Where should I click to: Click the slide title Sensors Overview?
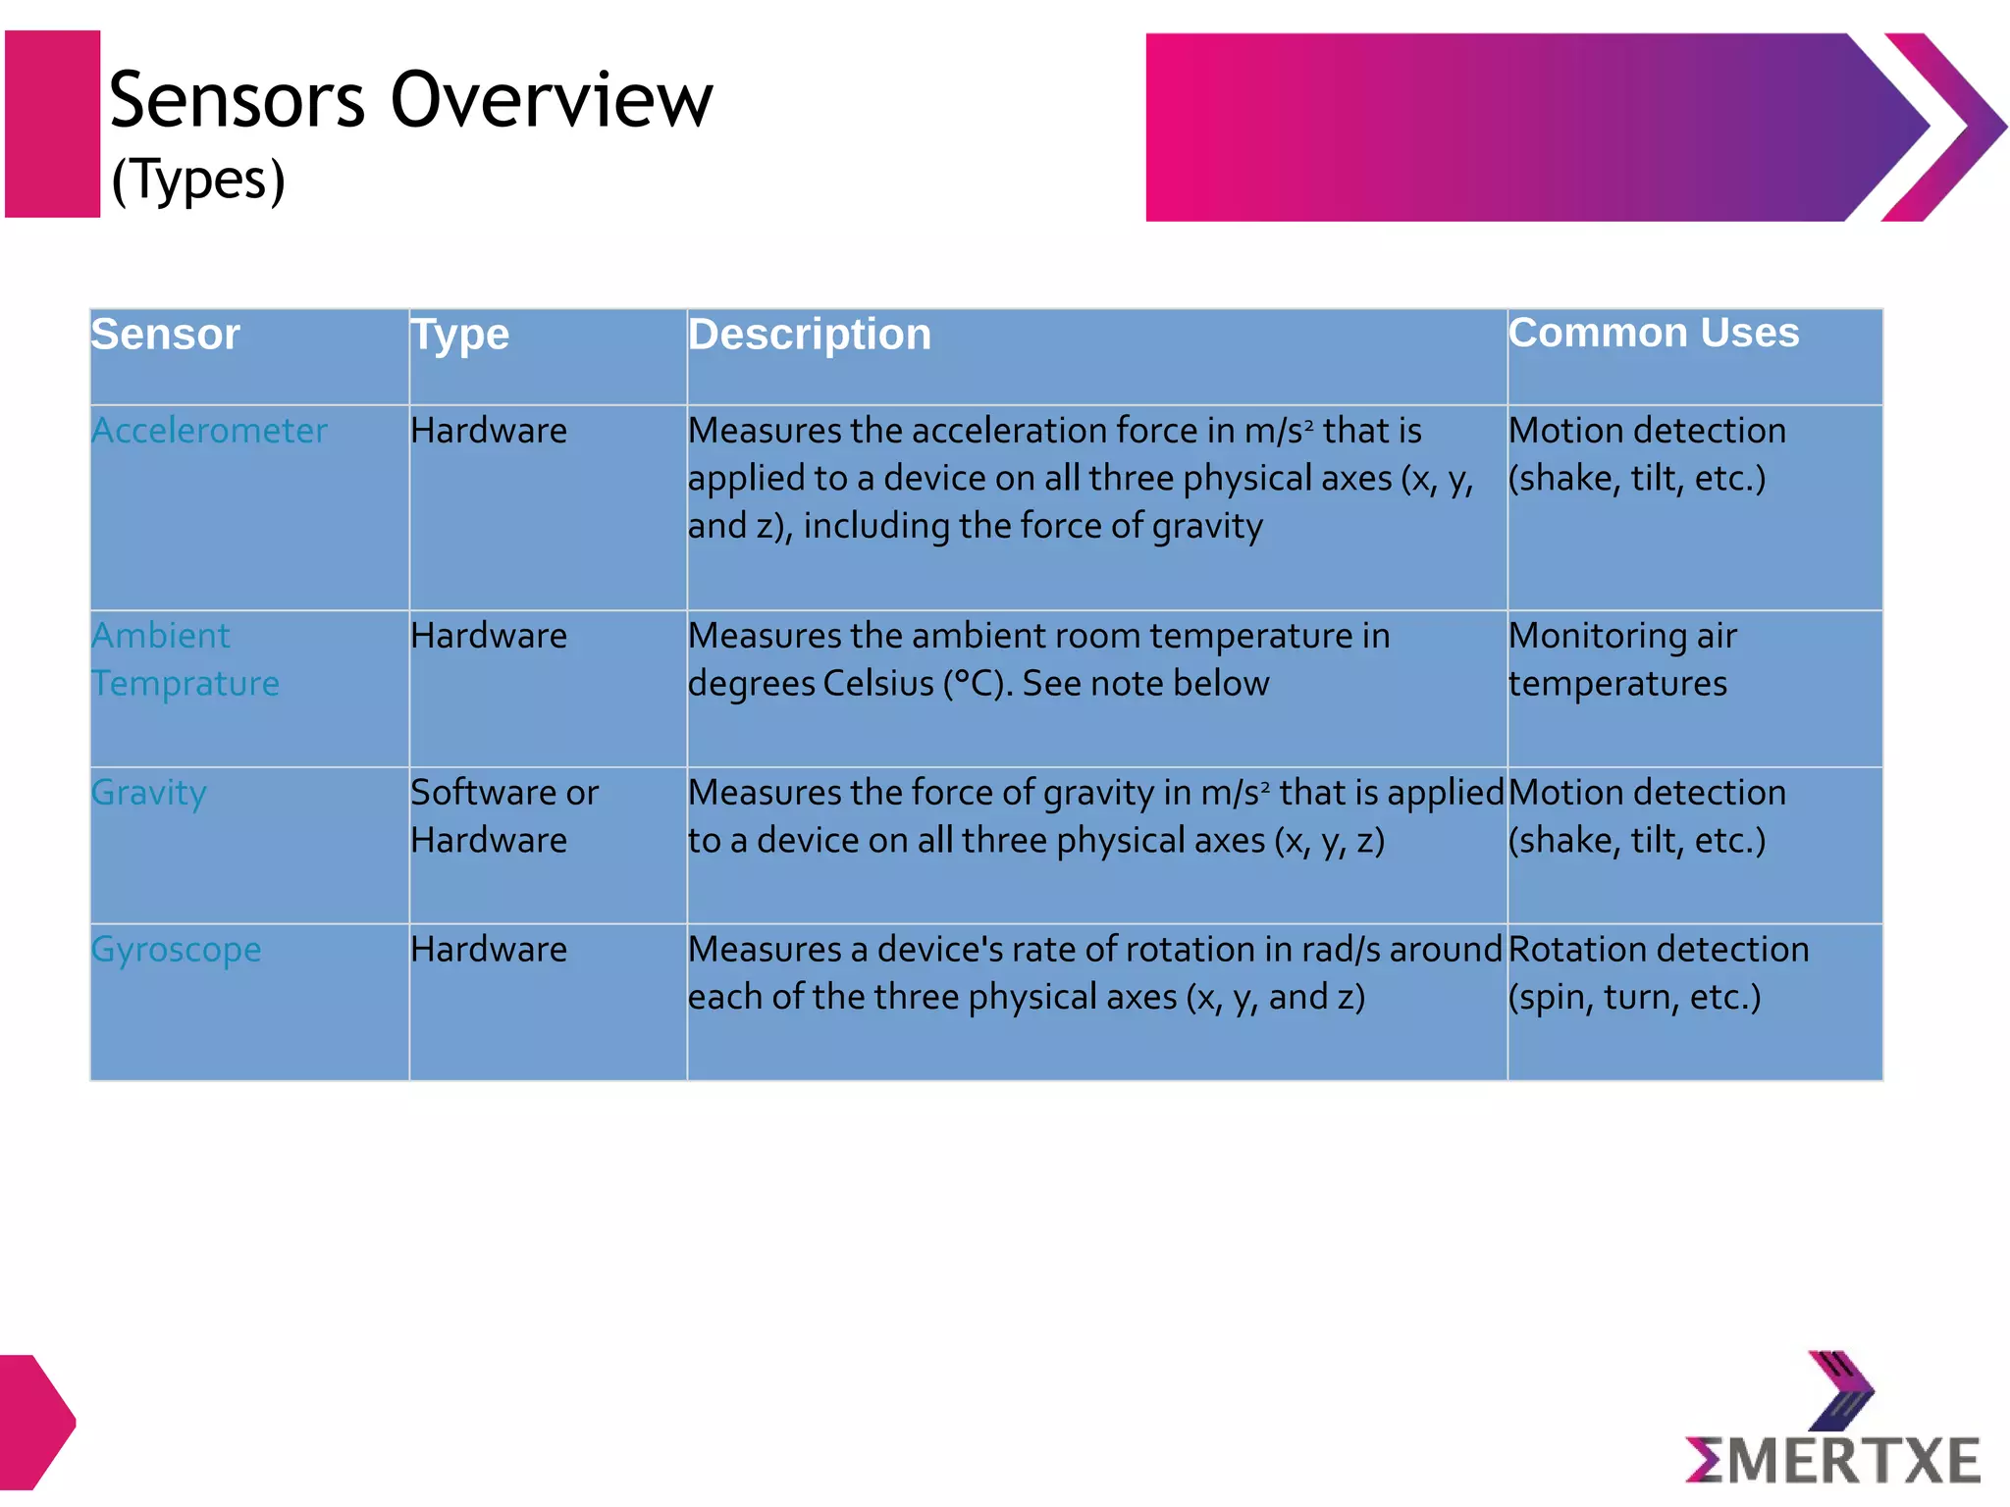click(x=410, y=100)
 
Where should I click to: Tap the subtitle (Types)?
click(x=198, y=181)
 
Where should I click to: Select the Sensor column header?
click(x=165, y=335)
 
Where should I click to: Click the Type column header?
click(x=459, y=336)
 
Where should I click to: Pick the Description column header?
click(x=809, y=335)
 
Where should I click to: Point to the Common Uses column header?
click(x=1653, y=333)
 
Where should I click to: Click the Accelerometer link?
click(x=209, y=431)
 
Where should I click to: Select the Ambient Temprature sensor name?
click(x=185, y=659)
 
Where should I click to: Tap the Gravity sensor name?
click(x=149, y=793)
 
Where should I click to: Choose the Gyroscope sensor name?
click(x=177, y=950)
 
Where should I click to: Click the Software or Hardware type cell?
click(x=503, y=816)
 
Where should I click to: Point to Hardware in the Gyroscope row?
click(x=489, y=950)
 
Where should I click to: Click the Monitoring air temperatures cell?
click(x=1621, y=659)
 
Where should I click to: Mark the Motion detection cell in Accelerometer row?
click(x=1646, y=454)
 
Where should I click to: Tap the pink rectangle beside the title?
click(x=52, y=124)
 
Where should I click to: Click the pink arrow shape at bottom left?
click(x=34, y=1421)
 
